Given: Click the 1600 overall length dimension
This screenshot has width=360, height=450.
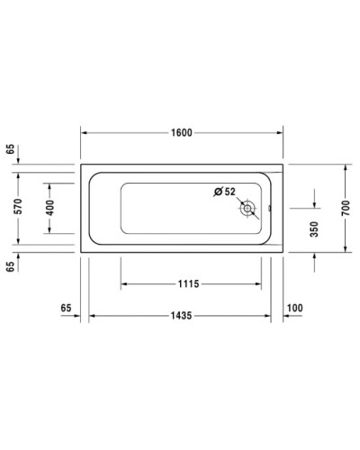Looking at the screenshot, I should click(x=183, y=132).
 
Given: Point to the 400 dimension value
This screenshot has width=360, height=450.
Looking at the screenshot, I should click(x=50, y=207).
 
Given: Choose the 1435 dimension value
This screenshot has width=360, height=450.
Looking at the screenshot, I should click(x=185, y=316).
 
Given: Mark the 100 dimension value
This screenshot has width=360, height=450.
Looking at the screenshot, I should click(x=294, y=309).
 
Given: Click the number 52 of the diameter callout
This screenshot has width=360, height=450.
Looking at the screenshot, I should click(x=229, y=192).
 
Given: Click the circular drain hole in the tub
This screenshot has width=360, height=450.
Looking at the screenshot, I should click(x=247, y=210).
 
